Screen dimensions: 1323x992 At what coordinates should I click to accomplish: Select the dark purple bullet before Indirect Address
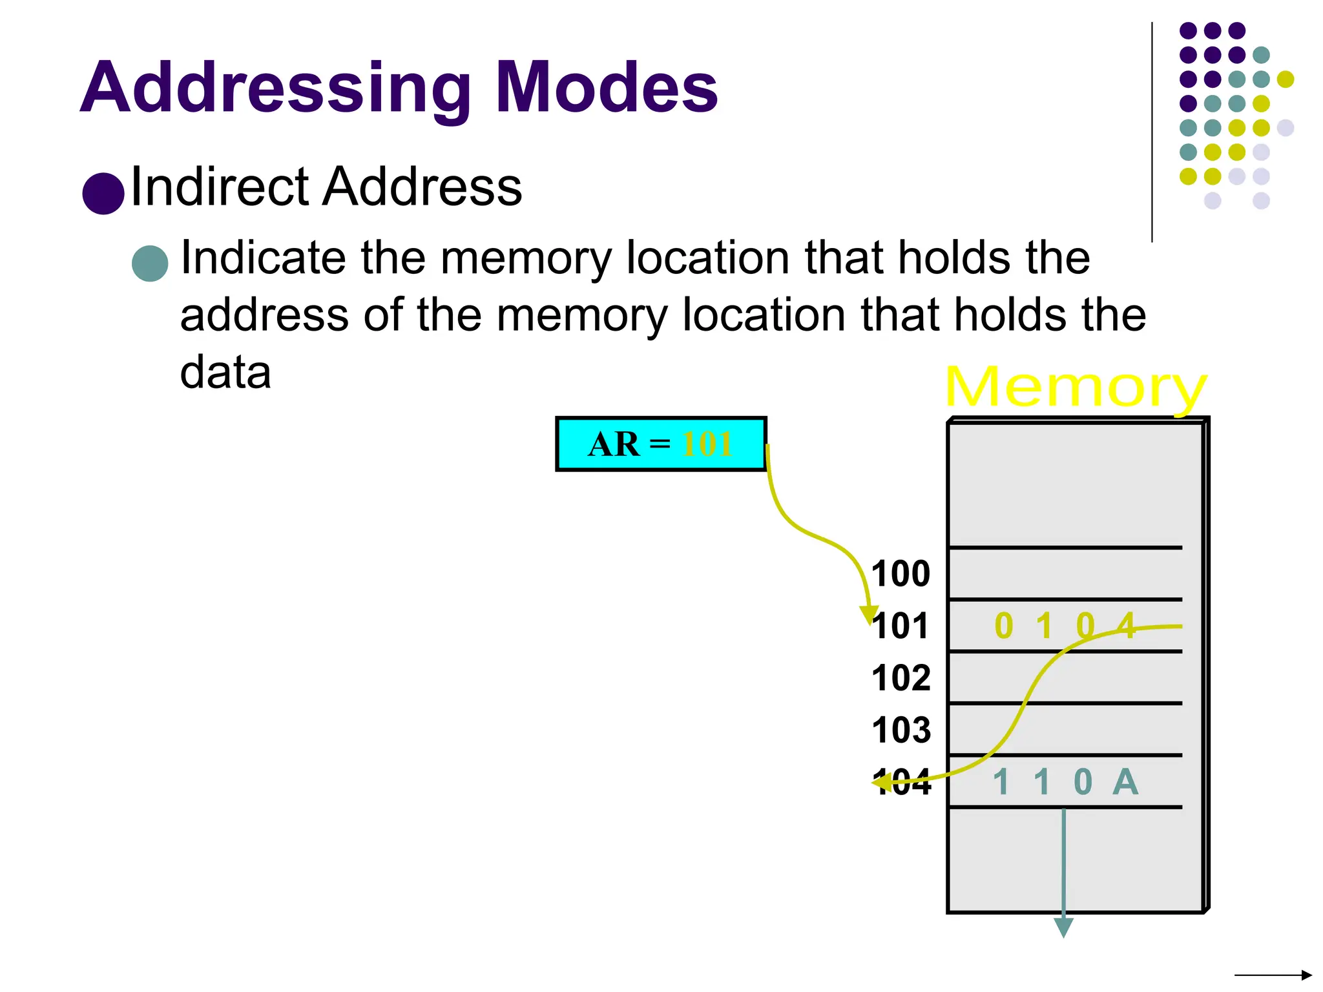pyautogui.click(x=103, y=193)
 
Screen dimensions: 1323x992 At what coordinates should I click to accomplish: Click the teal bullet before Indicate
pyautogui.click(x=150, y=263)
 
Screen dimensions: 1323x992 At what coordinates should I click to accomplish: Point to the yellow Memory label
pyautogui.click(x=1075, y=387)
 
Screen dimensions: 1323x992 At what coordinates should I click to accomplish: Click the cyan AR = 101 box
pyautogui.click(x=661, y=444)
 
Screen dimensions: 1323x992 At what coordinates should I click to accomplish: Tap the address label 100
pyautogui.click(x=901, y=573)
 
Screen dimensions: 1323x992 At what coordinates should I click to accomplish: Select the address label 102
pyautogui.click(x=901, y=678)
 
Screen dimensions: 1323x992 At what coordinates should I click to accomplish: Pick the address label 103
pyautogui.click(x=901, y=730)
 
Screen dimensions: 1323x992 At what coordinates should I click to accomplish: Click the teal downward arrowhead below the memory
pyautogui.click(x=1063, y=927)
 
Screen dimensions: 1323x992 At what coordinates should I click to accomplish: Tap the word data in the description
pyautogui.click(x=225, y=373)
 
